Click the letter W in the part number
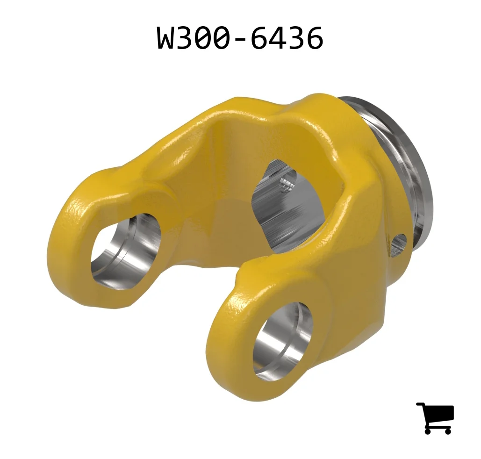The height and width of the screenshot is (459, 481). pos(167,37)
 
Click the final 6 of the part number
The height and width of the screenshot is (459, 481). pos(313,37)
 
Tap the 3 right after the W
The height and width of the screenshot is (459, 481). pos(188,37)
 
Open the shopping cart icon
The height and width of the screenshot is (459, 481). pos(435,418)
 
